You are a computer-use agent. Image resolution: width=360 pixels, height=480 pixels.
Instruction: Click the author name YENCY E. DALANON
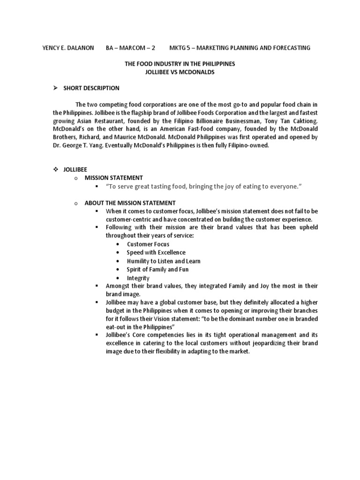(68, 48)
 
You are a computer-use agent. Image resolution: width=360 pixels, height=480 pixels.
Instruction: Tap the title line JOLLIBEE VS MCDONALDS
(180, 71)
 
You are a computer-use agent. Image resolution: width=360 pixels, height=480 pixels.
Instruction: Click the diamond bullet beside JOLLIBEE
(55, 170)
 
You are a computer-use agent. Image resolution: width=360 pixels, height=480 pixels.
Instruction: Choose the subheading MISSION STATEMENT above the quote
(113, 178)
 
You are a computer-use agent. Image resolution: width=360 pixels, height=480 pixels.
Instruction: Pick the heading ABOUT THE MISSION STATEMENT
(130, 203)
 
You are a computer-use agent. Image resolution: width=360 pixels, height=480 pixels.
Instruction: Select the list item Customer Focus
(148, 244)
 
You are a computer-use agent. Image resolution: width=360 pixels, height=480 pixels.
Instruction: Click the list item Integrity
(138, 278)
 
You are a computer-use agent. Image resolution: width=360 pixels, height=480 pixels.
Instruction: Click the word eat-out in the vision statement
(115, 327)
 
